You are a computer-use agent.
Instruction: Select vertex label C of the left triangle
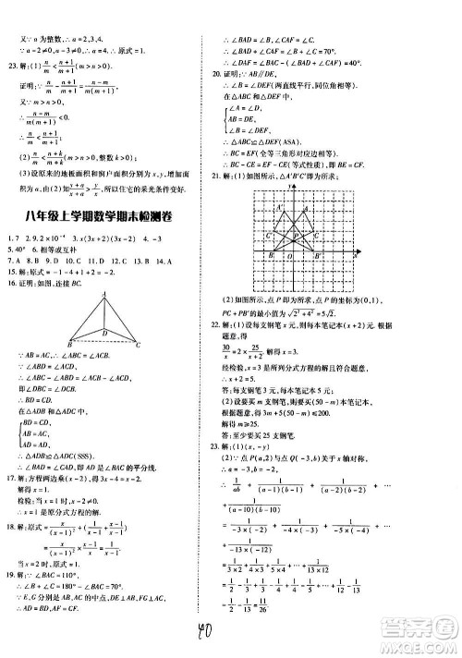click(x=138, y=345)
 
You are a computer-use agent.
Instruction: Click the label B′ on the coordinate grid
click(x=320, y=255)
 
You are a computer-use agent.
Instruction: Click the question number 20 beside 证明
click(x=217, y=71)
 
